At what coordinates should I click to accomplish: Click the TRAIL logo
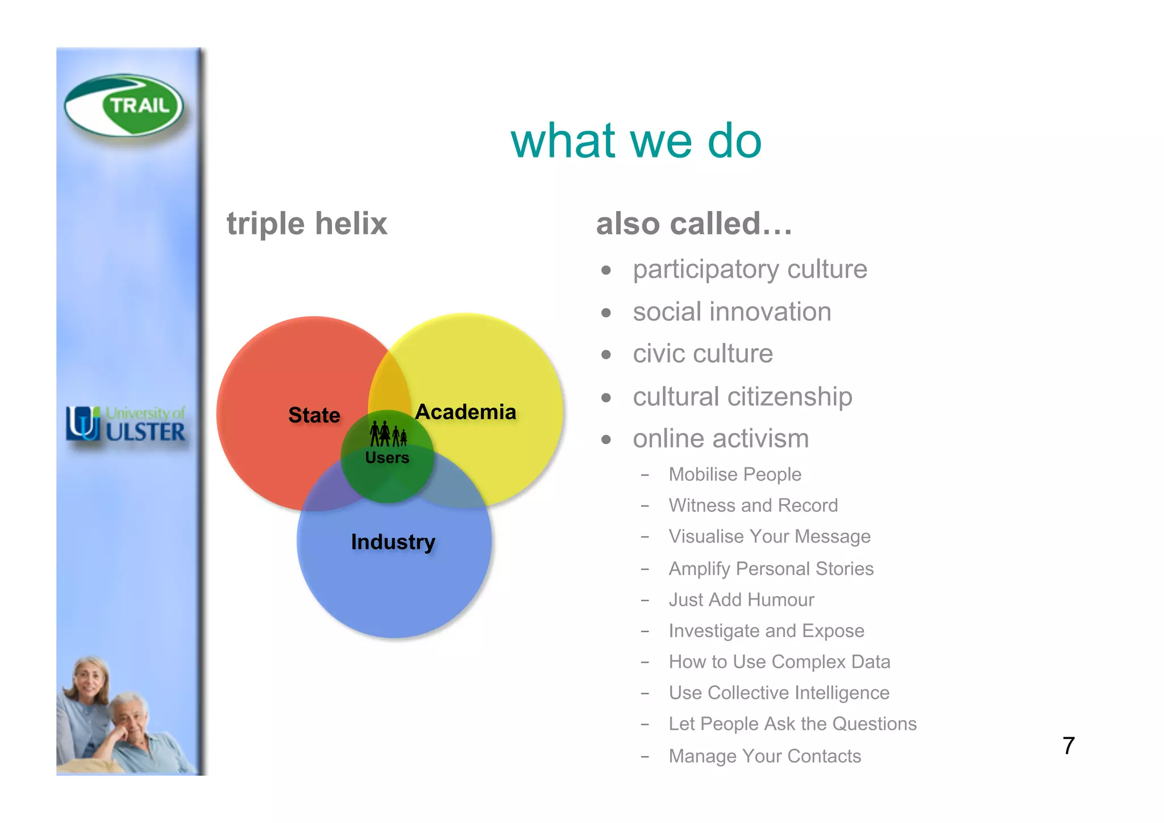pos(124,106)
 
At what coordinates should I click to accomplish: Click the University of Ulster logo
pos(126,424)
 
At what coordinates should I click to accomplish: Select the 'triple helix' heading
pos(307,224)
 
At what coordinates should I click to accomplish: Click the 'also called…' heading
pos(693,224)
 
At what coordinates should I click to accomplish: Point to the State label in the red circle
pos(314,415)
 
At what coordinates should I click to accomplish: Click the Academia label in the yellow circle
pos(465,412)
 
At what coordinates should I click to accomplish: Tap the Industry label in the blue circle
pos(393,541)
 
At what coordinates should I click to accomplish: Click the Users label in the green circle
pos(387,458)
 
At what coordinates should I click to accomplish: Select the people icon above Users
pos(388,434)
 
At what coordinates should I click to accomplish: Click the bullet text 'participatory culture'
pos(750,269)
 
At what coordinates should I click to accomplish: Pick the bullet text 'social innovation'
pos(731,312)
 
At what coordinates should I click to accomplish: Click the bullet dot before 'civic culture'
pos(606,355)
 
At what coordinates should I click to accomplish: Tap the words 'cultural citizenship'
pos(742,396)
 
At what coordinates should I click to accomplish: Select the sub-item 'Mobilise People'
pos(734,474)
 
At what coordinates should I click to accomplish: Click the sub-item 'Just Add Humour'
pos(741,599)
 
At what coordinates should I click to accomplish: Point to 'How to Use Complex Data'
pos(779,661)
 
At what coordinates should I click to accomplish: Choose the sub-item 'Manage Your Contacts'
pos(764,756)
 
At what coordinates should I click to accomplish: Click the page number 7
pos(1068,746)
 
